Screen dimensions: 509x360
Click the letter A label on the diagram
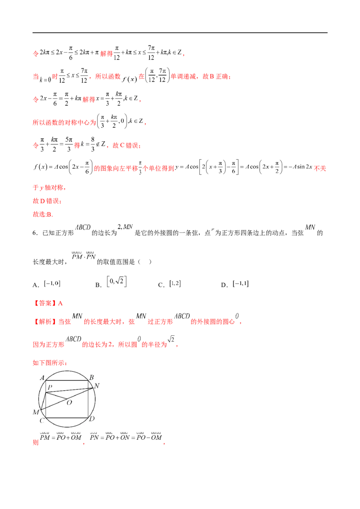[x=42, y=378]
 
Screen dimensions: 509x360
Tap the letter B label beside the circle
[x=91, y=378]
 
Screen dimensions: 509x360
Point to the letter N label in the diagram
[x=97, y=385]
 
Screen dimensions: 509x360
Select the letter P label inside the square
[x=49, y=387]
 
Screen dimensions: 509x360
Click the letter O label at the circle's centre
[x=69, y=402]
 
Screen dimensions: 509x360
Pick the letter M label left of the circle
[x=36, y=412]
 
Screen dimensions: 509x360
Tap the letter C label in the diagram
[x=41, y=420]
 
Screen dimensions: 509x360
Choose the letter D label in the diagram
[x=92, y=419]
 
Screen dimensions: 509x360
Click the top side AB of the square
[x=67, y=381]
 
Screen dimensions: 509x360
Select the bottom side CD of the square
[x=67, y=417]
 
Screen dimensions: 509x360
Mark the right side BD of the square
[x=89, y=400]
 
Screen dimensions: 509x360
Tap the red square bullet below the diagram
[x=33, y=442]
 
